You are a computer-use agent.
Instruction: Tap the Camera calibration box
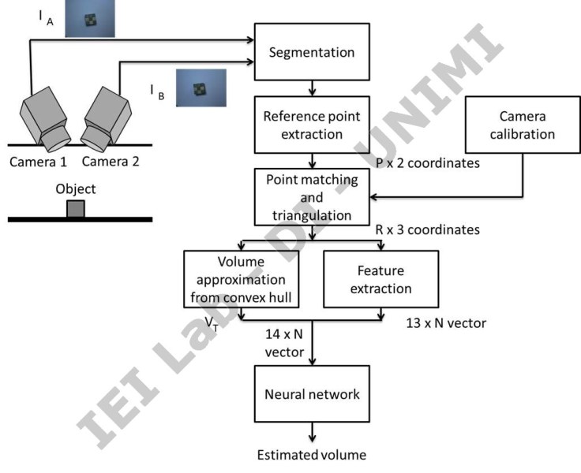click(522, 125)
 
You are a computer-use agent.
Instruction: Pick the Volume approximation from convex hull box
click(240, 278)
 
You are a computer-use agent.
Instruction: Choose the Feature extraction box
click(380, 278)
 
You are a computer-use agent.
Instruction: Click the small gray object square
click(76, 208)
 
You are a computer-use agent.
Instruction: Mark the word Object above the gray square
click(76, 189)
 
